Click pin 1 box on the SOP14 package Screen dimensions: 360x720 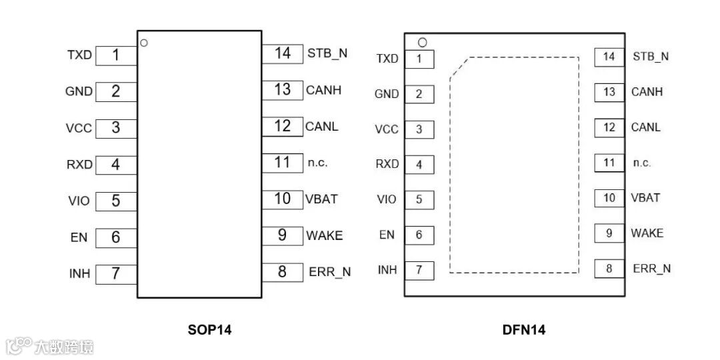[x=116, y=55]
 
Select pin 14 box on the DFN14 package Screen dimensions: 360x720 [x=609, y=57]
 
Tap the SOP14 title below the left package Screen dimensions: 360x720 [x=199, y=329]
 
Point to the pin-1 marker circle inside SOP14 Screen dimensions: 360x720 [x=144, y=43]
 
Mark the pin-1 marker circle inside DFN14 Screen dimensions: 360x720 [x=421, y=43]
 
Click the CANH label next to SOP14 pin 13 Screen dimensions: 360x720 [x=323, y=89]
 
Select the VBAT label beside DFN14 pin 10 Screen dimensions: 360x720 [x=645, y=198]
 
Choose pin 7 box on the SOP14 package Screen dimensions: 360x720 [x=116, y=273]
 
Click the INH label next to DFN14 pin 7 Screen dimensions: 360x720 [x=387, y=270]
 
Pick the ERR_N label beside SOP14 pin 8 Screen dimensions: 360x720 [x=329, y=271]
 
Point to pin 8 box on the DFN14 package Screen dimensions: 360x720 [x=609, y=269]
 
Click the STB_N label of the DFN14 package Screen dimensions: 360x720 [x=651, y=57]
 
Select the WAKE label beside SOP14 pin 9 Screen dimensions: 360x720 [x=324, y=235]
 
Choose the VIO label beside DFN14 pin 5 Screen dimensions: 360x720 [x=387, y=199]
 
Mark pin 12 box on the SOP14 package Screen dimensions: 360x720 [x=283, y=125]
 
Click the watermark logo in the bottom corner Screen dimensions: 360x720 [x=49, y=346]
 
